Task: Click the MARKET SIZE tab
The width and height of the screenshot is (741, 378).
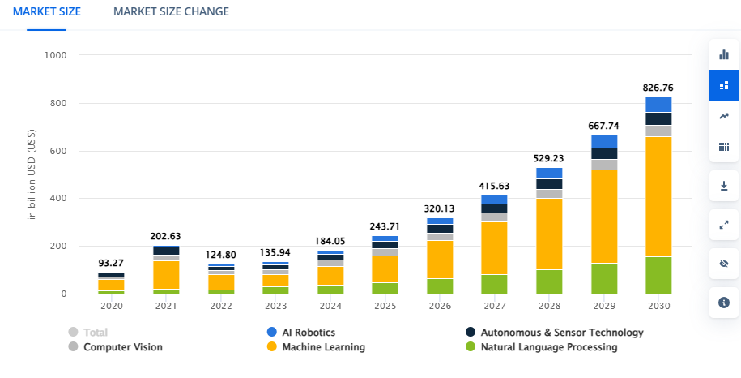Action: pyautogui.click(x=47, y=11)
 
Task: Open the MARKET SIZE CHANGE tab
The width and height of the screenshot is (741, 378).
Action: pyautogui.click(x=171, y=11)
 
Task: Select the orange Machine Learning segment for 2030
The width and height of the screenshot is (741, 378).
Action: pyautogui.click(x=658, y=197)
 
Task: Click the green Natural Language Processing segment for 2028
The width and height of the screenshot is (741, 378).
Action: pyautogui.click(x=549, y=282)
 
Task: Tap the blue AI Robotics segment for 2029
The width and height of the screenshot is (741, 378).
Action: pyautogui.click(x=604, y=141)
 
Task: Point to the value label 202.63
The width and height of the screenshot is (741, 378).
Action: pyautogui.click(x=165, y=236)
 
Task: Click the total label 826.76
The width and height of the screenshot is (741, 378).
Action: pyautogui.click(x=658, y=88)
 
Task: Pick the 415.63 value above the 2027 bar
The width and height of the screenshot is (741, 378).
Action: pyautogui.click(x=494, y=186)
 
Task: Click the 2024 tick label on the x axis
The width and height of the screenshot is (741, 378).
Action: pyautogui.click(x=330, y=306)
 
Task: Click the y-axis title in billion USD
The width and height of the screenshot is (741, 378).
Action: pyautogui.click(x=32, y=174)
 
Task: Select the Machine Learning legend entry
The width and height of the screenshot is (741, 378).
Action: pyautogui.click(x=316, y=347)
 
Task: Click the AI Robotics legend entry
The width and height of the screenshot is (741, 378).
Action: pyautogui.click(x=301, y=332)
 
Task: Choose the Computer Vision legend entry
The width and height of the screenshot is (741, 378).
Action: pyautogui.click(x=115, y=347)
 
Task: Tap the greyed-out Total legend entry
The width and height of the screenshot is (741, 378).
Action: pyautogui.click(x=88, y=332)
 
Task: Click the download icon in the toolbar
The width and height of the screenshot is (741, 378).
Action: pyautogui.click(x=723, y=186)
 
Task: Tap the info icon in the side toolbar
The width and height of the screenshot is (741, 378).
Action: pyautogui.click(x=723, y=303)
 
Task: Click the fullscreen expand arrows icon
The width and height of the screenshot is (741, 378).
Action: pyautogui.click(x=723, y=225)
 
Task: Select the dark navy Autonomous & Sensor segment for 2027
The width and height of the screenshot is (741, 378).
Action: pyautogui.click(x=494, y=208)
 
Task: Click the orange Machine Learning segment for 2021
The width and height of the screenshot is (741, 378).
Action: pyautogui.click(x=166, y=275)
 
